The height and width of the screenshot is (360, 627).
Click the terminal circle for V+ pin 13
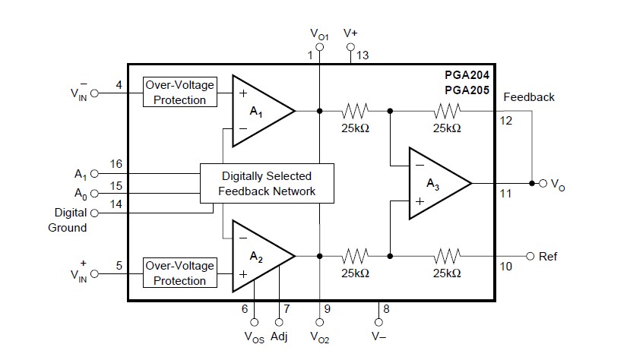coord(350,47)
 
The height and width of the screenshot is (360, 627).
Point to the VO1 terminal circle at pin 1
coord(319,47)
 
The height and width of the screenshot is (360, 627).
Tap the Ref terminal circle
coord(530,256)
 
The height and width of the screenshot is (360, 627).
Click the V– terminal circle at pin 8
coord(378,322)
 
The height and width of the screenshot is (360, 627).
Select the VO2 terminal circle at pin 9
coord(319,322)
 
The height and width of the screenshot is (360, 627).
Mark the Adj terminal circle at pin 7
coord(279,322)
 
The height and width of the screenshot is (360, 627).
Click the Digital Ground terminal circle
coord(94,213)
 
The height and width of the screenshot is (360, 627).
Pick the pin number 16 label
coord(116,164)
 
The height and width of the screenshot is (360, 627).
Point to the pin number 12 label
coord(506,121)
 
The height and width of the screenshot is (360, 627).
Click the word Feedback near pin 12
coord(529,97)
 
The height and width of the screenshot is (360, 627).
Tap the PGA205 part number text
coord(467,90)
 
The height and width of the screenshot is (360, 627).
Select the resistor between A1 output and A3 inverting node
coord(355,111)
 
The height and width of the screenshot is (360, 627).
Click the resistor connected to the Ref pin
coord(447,256)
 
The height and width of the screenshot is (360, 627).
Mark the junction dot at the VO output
coord(532,183)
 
